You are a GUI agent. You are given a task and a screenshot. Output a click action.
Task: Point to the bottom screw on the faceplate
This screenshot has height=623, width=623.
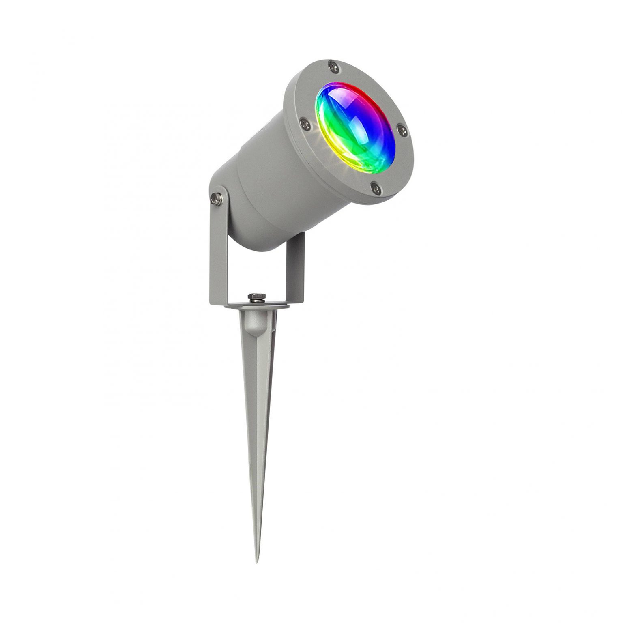coord(375,187)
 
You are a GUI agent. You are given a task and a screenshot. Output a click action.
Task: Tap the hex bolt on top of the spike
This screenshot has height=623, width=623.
coord(256,298)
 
